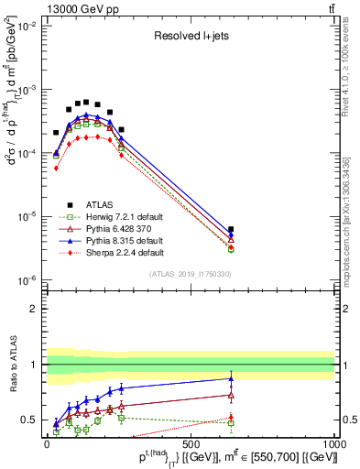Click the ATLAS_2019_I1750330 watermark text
190,273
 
